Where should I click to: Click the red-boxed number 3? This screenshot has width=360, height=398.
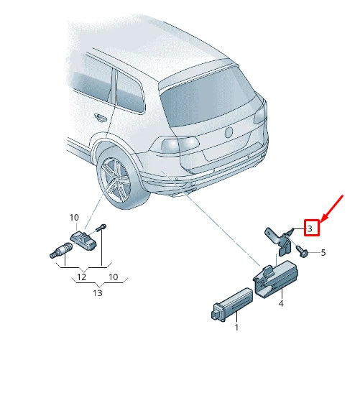pyautogui.click(x=310, y=228)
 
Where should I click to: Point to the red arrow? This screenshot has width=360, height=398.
pyautogui.click(x=331, y=203)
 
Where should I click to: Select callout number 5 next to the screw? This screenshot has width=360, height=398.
pyautogui.click(x=323, y=253)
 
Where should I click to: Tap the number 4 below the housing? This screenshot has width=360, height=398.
pyautogui.click(x=281, y=304)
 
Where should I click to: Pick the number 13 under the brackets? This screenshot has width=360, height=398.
pyautogui.click(x=98, y=292)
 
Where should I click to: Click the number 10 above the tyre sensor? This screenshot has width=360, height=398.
pyautogui.click(x=73, y=218)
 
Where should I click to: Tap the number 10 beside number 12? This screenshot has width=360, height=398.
pyautogui.click(x=113, y=277)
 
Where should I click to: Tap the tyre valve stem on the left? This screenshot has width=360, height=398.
pyautogui.click(x=55, y=251)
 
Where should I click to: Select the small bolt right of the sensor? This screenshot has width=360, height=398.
pyautogui.click(x=102, y=228)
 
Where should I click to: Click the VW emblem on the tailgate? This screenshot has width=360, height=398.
pyautogui.click(x=230, y=132)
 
